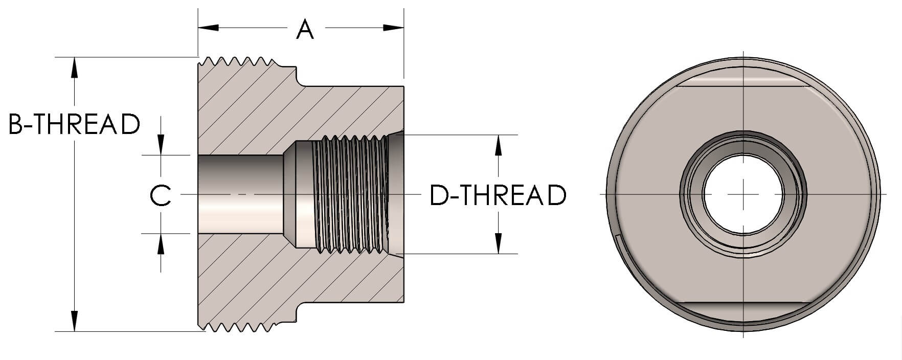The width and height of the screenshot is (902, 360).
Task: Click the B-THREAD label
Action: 75,124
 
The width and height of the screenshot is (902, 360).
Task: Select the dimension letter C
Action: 161,195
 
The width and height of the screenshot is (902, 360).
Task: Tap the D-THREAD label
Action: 498,195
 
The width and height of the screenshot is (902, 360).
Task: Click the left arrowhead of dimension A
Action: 209,28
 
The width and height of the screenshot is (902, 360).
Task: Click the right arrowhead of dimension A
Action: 394,28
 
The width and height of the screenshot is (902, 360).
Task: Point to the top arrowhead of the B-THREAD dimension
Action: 75,67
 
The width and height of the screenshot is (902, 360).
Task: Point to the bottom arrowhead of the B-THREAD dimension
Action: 75,321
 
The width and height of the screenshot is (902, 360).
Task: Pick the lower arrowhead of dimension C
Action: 161,244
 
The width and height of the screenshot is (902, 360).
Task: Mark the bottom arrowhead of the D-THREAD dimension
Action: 498,243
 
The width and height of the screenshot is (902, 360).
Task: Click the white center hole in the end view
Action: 743,194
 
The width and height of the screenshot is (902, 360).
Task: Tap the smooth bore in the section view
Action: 240,194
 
